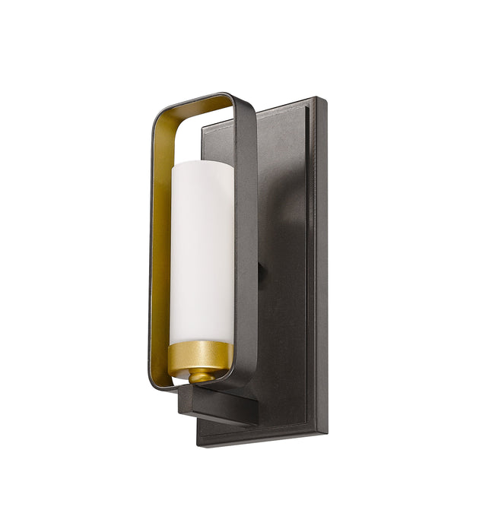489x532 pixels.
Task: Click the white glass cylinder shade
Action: (202, 251)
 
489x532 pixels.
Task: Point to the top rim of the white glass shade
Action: (202, 144)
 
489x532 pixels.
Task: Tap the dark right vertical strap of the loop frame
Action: (245, 243)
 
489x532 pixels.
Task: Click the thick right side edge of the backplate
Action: (322, 266)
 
